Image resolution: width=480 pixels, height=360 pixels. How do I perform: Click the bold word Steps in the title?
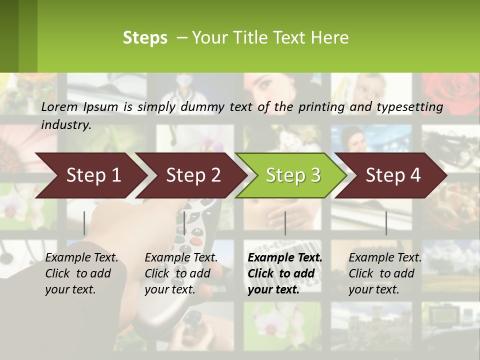145,38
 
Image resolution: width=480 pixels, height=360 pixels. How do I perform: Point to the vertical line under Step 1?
84,223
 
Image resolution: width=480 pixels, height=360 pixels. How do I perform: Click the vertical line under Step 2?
184,223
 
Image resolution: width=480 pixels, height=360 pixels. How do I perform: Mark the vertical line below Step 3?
285,223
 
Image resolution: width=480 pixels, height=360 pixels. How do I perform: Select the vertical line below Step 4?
386,223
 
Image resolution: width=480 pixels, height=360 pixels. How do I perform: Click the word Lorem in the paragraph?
59,106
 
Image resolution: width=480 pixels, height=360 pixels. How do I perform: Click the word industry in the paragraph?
65,125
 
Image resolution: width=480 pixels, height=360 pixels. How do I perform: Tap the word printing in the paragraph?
318,107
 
